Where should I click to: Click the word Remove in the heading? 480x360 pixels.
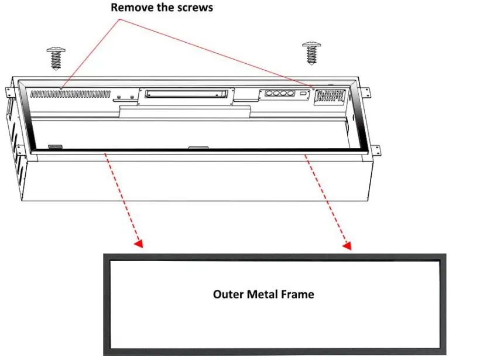tap(129, 8)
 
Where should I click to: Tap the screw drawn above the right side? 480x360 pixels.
tap(310, 53)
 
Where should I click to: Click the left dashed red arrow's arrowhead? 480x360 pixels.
tap(139, 242)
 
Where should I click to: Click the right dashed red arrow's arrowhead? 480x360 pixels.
tap(347, 245)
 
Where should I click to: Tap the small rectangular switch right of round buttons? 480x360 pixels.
tap(302, 93)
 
